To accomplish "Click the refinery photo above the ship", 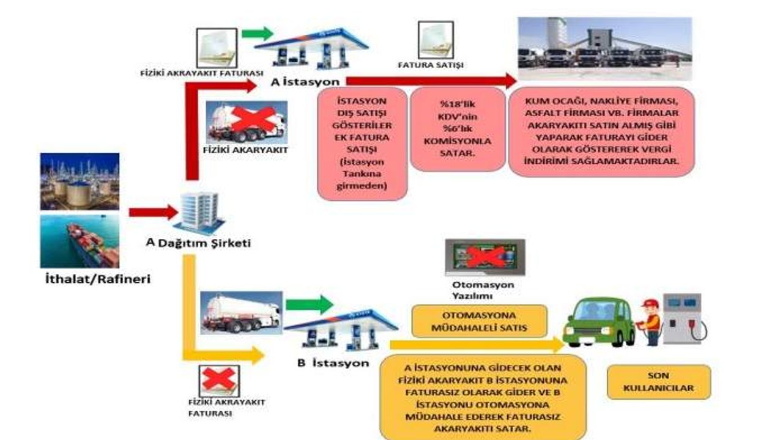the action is point(80,182).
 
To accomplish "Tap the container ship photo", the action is point(80,241).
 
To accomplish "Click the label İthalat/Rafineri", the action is point(98,279).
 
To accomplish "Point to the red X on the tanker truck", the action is point(254,119).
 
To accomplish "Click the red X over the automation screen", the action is point(486,257).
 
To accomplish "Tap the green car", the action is point(599,322).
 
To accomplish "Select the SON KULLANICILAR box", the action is point(659,382).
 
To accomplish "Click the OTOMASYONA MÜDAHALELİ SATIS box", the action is point(479,321).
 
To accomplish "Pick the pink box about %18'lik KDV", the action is point(458,129).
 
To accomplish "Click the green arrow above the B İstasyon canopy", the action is point(310,304).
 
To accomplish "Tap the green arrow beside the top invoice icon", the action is point(258,34).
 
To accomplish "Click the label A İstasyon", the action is point(305,82).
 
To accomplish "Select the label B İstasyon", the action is point(333,363).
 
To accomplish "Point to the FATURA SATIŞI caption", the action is point(431,65).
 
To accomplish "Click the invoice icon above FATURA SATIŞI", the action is point(436,40).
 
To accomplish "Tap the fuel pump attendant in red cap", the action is point(650,321).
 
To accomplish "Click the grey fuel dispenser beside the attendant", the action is point(683,318).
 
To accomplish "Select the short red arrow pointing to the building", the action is point(154,212).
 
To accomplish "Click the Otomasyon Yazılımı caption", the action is point(483,290).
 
